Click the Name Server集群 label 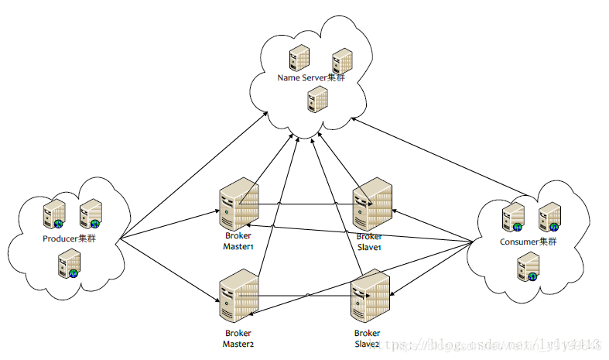point(311,77)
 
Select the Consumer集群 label point(528,242)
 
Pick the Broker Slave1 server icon point(373,203)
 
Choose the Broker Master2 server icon point(238,297)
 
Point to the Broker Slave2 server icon point(370,298)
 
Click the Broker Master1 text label point(238,241)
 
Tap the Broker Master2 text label point(238,338)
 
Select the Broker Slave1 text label point(370,242)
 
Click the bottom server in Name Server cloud point(316,98)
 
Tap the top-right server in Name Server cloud point(341,60)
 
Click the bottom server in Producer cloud point(70,264)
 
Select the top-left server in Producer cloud point(54,212)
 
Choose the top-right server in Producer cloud point(91,212)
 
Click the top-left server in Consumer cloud point(511,217)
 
